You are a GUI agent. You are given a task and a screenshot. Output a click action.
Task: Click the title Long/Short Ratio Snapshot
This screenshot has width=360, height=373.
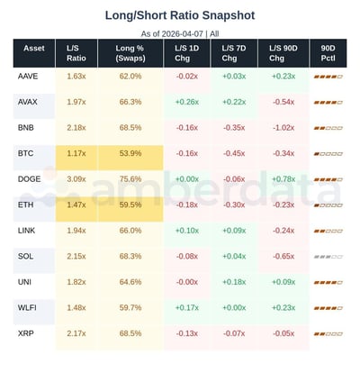(x=180, y=15)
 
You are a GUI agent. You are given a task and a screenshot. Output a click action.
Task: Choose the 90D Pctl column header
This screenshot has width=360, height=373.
(x=328, y=51)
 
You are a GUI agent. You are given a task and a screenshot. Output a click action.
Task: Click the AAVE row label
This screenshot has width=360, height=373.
(x=28, y=77)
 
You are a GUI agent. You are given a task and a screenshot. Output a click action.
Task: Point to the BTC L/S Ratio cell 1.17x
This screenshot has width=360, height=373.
(x=76, y=154)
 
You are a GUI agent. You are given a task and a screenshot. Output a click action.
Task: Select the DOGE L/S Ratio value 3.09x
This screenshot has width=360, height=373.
(x=76, y=179)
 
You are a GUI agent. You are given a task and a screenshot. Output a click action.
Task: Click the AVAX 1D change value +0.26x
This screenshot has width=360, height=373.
(x=187, y=102)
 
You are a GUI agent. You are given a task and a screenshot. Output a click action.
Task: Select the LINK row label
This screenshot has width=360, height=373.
(x=27, y=231)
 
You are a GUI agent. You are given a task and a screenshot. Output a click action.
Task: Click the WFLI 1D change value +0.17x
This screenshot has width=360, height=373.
(x=187, y=308)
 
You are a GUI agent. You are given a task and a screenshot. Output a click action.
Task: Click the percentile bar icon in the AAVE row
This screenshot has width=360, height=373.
(x=328, y=77)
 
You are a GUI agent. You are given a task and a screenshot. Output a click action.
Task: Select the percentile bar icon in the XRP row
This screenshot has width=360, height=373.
(x=328, y=334)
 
